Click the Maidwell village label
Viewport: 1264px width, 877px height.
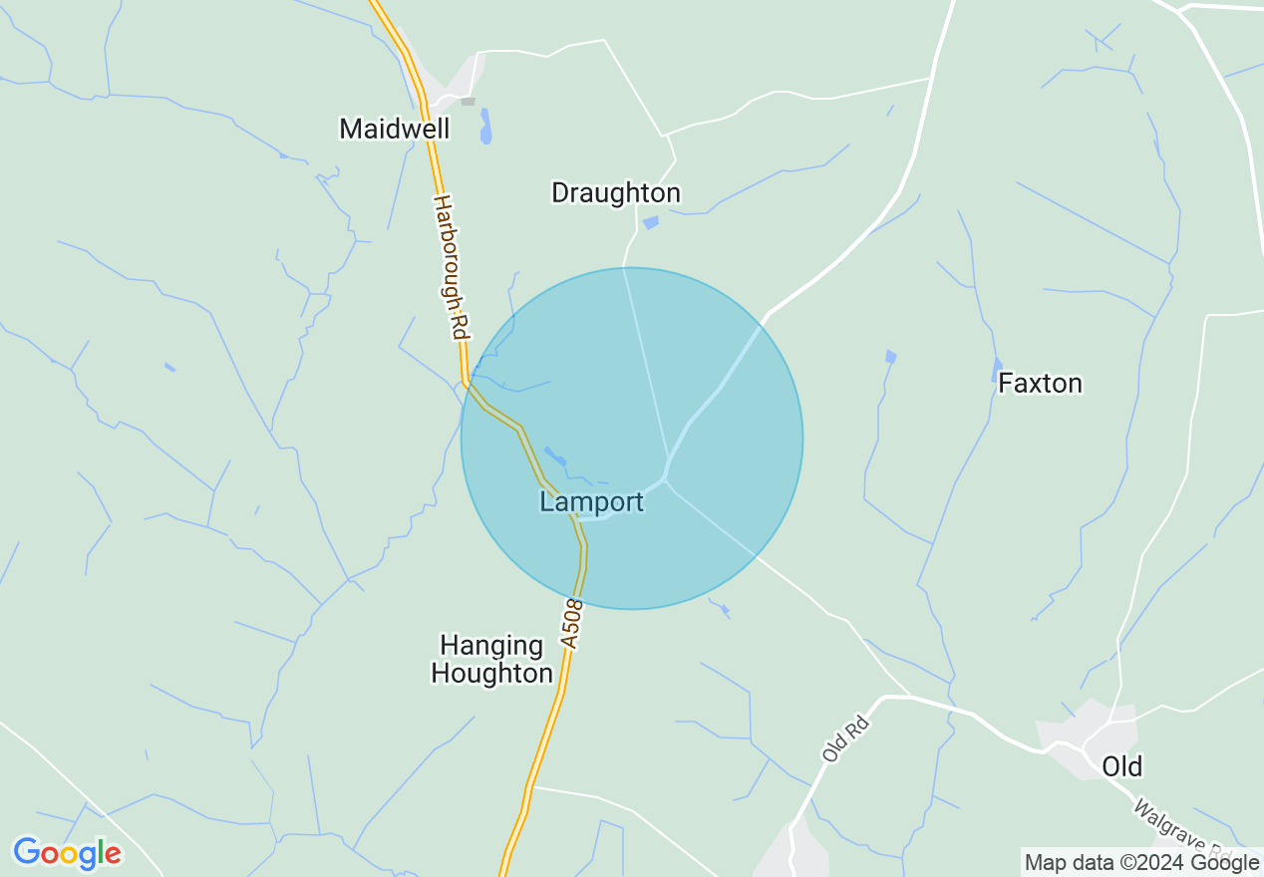[395, 129]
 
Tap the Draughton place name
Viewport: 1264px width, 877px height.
[616, 192]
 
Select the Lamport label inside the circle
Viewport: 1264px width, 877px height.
[592, 501]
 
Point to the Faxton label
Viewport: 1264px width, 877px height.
[1040, 383]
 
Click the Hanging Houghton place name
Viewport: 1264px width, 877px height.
[491, 660]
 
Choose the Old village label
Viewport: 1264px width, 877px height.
[1121, 765]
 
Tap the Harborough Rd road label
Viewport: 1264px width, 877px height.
[451, 267]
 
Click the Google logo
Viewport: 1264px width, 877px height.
[67, 853]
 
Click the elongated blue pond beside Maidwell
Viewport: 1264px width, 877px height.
[485, 127]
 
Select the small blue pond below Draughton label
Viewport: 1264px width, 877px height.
[651, 222]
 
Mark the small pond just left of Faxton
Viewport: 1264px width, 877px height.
[997, 371]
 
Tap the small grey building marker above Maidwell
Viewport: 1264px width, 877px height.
[468, 101]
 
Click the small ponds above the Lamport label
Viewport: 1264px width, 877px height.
[555, 456]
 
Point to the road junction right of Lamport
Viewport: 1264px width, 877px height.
[667, 478]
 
